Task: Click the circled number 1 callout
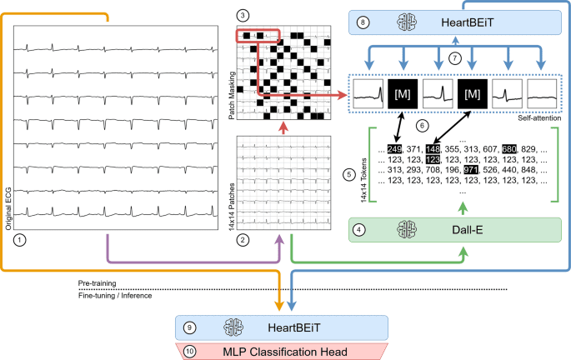click(x=20, y=236)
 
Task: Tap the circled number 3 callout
click(x=243, y=16)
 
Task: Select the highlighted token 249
click(x=393, y=149)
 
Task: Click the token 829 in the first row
click(x=551, y=149)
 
